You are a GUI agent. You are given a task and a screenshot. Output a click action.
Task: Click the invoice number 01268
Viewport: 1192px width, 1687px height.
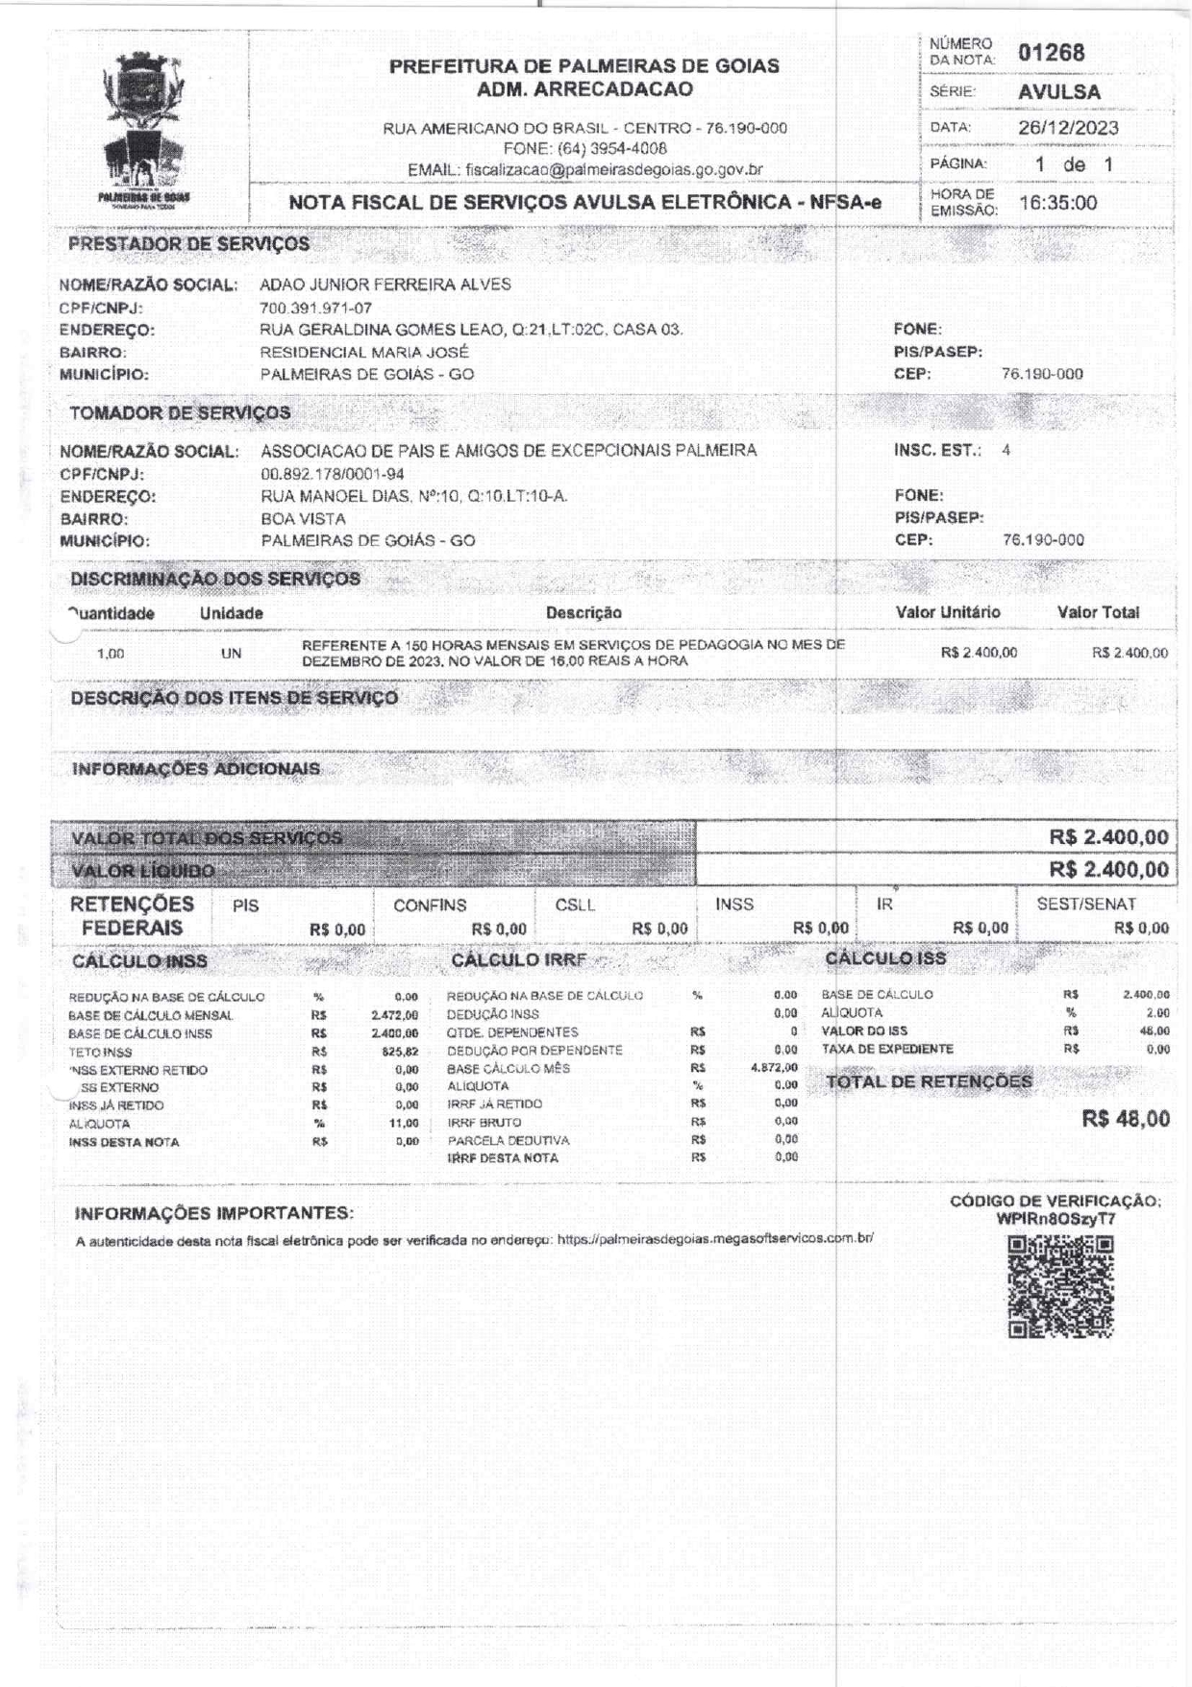pos(1051,53)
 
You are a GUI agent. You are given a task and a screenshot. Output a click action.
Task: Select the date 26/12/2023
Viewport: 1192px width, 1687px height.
pos(1068,128)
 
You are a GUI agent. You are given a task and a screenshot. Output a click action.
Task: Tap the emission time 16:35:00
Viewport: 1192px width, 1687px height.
pos(1057,203)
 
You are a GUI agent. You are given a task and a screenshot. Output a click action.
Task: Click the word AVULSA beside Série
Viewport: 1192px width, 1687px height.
pos(1059,92)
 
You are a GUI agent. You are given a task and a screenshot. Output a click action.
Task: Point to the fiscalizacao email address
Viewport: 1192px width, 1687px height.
pos(613,169)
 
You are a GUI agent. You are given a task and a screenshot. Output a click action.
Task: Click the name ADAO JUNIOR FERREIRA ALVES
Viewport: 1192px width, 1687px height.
pos(385,285)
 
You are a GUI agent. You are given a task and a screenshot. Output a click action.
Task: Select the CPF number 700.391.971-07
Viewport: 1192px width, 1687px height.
pos(315,308)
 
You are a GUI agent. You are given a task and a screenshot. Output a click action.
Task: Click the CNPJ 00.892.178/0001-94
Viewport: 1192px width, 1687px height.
pos(333,474)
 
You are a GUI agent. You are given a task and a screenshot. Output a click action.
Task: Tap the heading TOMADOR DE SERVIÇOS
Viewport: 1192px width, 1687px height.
pos(180,413)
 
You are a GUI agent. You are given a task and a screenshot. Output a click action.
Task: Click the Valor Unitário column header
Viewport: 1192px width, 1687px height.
pos(948,612)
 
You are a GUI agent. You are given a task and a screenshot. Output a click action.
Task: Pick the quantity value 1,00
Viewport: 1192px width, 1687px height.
pos(111,654)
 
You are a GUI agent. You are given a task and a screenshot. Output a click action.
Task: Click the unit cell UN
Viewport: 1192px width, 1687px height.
pos(231,654)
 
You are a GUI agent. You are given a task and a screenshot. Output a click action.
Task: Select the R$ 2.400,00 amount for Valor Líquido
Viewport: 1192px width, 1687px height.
pos(1108,870)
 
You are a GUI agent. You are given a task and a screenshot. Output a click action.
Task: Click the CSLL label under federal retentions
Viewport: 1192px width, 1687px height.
pos(575,905)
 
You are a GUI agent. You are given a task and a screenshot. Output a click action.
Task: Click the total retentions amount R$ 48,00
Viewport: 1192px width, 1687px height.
pos(1126,1119)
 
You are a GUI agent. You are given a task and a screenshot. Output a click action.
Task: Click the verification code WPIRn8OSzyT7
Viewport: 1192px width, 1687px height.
pos(1055,1219)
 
